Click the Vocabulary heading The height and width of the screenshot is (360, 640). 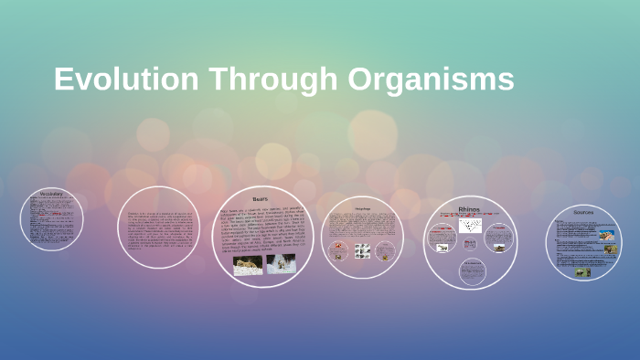(51, 193)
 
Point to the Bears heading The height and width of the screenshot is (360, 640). (261, 198)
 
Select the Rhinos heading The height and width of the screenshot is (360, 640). (469, 209)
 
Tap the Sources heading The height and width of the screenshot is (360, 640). (583, 212)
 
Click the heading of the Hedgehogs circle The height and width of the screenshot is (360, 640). (363, 207)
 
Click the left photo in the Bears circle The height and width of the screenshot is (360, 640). (248, 264)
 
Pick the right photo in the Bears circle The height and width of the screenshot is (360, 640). (281, 264)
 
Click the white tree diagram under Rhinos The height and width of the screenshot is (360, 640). (470, 226)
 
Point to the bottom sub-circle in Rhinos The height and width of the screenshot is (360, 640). (471, 270)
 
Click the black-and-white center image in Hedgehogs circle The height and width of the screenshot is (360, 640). (362, 250)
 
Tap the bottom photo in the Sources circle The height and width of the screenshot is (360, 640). (582, 271)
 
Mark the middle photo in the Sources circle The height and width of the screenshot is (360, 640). (611, 249)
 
